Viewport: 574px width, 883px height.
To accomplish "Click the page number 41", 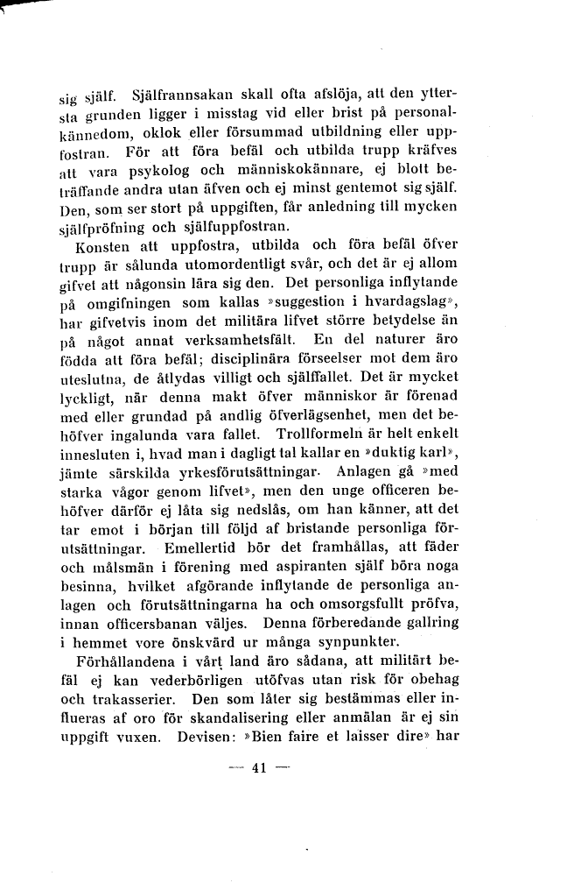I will [x=258, y=770].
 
